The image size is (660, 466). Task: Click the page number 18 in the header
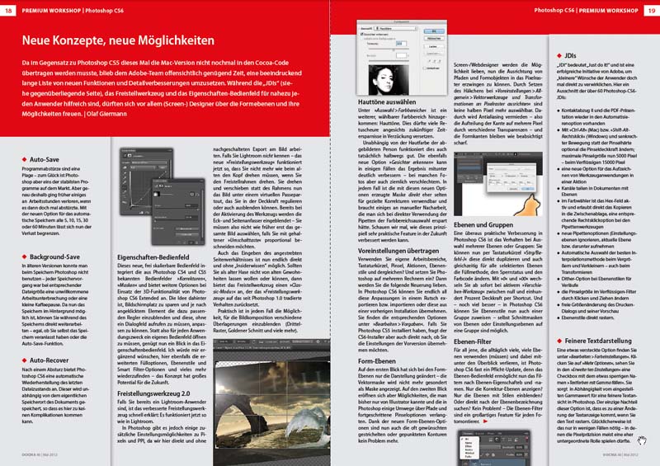coord(8,8)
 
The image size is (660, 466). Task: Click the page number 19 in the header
coord(651,8)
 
